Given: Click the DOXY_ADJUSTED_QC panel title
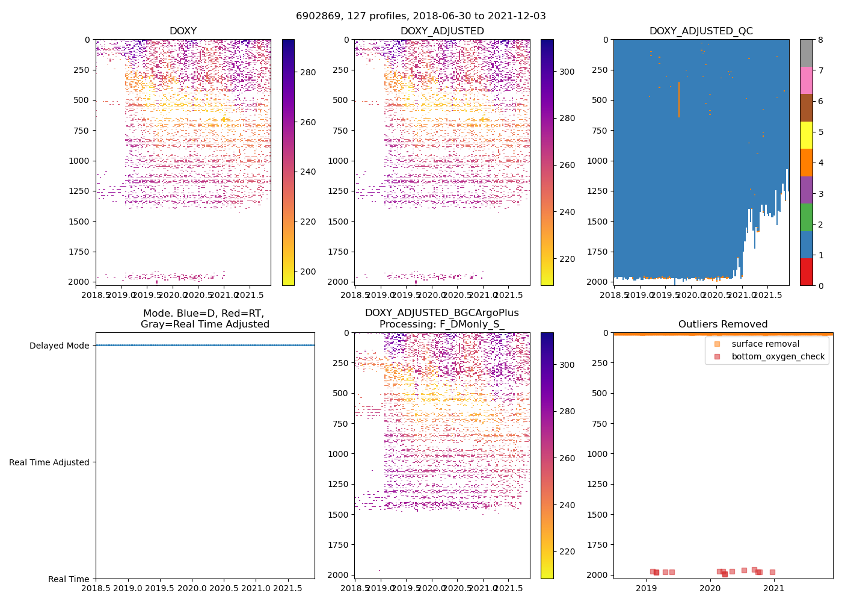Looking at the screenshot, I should click(701, 31).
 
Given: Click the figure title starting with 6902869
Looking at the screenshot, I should click(420, 16).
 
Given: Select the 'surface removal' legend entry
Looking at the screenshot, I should click(765, 344).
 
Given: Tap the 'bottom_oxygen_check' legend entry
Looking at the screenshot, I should click(778, 356).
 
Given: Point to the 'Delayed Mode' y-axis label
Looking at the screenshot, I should click(59, 346).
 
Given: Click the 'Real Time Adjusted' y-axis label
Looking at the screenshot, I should click(49, 462).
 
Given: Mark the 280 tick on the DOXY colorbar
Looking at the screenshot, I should click(308, 72).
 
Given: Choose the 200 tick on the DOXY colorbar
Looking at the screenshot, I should click(308, 272).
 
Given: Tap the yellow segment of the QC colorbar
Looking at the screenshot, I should click(806, 135).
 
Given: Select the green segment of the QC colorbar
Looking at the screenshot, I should click(806, 217).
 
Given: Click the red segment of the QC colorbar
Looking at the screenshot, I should click(806, 272).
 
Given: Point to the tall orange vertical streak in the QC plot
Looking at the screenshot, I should click(679, 99).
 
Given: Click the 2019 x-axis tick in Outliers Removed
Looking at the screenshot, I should click(646, 588).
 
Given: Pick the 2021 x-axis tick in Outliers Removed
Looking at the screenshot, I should click(773, 588).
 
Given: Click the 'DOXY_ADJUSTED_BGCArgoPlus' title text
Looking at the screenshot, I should click(441, 313).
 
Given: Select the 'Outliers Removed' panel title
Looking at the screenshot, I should click(723, 324).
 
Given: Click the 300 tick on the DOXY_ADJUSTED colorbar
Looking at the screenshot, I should click(567, 72).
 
